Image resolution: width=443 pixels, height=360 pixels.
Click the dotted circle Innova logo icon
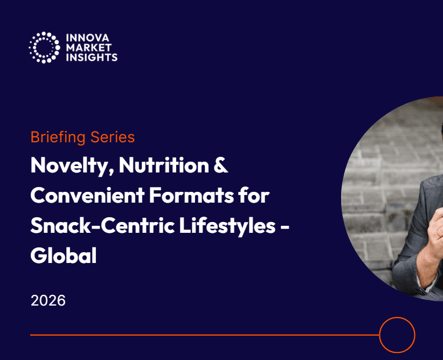point(44,47)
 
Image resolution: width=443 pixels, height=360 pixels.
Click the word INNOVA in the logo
point(88,38)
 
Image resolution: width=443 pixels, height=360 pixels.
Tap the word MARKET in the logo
point(89,47)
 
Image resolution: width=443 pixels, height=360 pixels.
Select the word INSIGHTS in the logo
point(92,57)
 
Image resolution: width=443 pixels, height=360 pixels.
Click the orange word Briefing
point(58,137)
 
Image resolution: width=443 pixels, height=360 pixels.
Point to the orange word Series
point(113,137)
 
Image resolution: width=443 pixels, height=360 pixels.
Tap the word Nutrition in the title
point(164,165)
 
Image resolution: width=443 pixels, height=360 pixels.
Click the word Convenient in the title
point(88,195)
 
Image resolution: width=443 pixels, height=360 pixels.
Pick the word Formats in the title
point(191,195)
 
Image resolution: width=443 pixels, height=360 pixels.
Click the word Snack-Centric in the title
point(102,225)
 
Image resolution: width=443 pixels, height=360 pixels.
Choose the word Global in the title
point(64,255)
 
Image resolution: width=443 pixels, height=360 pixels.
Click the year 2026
point(48,300)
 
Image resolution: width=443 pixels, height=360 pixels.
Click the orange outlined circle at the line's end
point(397,317)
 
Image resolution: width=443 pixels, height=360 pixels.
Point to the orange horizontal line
point(205,335)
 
